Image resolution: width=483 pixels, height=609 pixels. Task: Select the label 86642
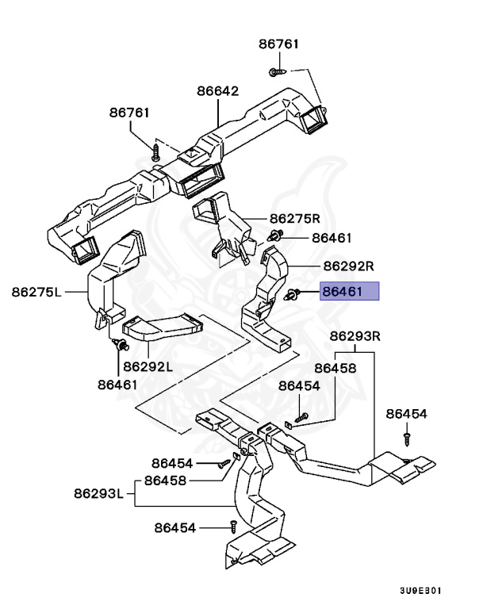pyautogui.click(x=218, y=91)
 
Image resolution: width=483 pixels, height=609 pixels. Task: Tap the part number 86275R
pyautogui.click(x=294, y=218)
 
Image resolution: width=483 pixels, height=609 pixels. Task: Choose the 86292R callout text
pyautogui.click(x=348, y=266)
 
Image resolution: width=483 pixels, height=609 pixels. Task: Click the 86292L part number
pyautogui.click(x=147, y=368)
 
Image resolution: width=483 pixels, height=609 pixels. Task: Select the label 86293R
pyautogui.click(x=355, y=336)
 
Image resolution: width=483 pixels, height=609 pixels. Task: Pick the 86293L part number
pyautogui.click(x=98, y=494)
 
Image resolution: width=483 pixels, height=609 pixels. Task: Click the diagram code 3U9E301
pyautogui.click(x=420, y=591)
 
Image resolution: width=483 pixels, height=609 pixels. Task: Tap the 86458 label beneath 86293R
pyautogui.click(x=335, y=368)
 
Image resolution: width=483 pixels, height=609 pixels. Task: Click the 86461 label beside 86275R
pyautogui.click(x=332, y=237)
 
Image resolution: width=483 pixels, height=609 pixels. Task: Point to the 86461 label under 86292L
pyautogui.click(x=118, y=385)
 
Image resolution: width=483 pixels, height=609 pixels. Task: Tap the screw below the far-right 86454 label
pyautogui.click(x=406, y=435)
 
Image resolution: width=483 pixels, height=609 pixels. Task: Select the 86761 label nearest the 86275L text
pyautogui.click(x=129, y=113)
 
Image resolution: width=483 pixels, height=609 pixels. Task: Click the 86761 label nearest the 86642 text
pyautogui.click(x=278, y=44)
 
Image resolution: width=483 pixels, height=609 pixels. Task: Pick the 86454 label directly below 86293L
pyautogui.click(x=174, y=527)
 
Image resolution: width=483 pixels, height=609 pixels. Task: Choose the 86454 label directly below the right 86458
pyautogui.click(x=299, y=385)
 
